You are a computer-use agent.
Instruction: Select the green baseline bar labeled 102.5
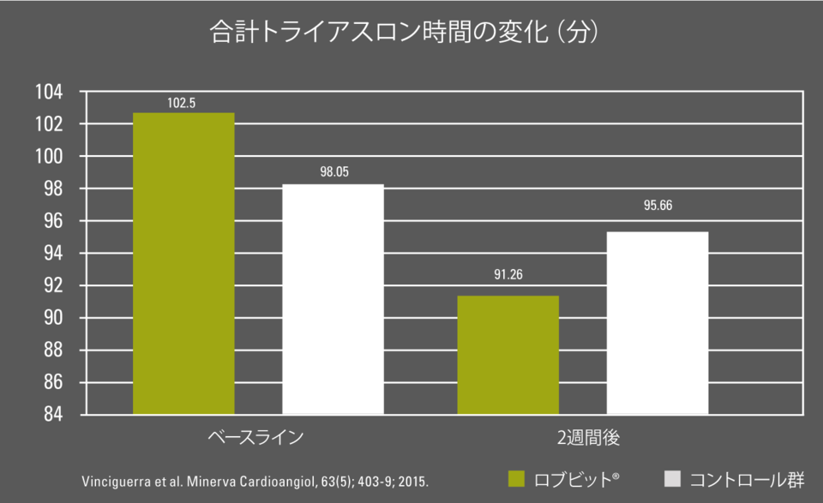(x=183, y=263)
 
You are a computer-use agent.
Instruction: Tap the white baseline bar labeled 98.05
(x=333, y=299)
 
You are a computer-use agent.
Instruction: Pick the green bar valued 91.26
(x=508, y=355)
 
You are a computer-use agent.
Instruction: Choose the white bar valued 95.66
(x=658, y=323)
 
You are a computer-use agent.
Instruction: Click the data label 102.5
(x=182, y=103)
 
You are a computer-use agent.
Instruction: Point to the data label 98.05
(x=333, y=172)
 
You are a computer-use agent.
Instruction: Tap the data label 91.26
(x=508, y=275)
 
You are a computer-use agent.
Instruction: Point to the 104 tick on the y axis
(x=51, y=92)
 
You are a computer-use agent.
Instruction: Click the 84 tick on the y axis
(x=55, y=415)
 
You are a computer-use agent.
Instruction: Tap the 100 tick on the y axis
(x=51, y=157)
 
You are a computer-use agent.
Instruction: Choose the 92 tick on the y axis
(x=55, y=285)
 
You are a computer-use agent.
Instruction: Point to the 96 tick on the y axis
(x=55, y=221)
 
